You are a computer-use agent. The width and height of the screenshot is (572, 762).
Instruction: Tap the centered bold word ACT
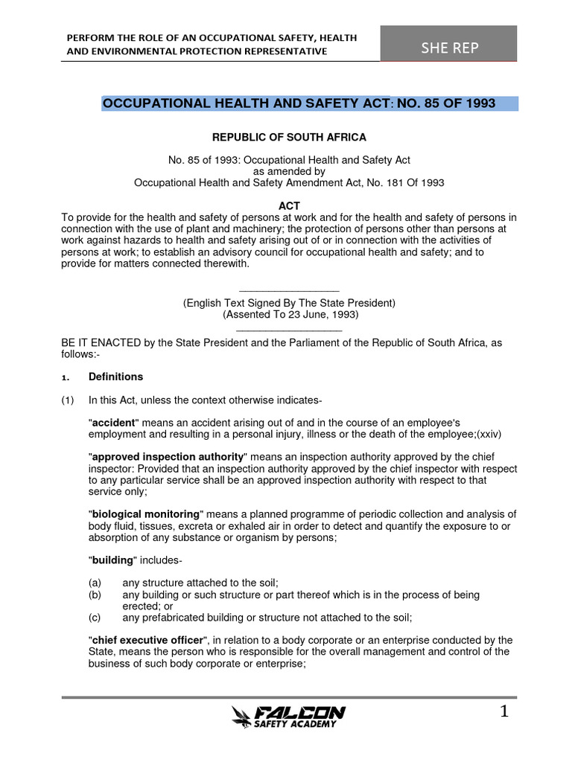point(289,205)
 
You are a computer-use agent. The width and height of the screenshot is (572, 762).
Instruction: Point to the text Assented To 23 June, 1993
point(290,314)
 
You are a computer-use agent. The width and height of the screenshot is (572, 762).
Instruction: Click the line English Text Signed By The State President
point(290,303)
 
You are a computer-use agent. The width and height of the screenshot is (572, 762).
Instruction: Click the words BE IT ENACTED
point(95,342)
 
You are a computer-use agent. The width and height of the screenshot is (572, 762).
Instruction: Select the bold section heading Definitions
point(115,377)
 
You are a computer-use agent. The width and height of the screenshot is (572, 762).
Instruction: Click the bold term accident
point(115,422)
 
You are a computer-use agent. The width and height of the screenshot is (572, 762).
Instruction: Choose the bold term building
point(112,560)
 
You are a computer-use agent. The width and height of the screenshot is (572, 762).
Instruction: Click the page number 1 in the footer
point(503,712)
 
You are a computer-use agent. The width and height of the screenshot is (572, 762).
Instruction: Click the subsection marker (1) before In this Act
point(68,400)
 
